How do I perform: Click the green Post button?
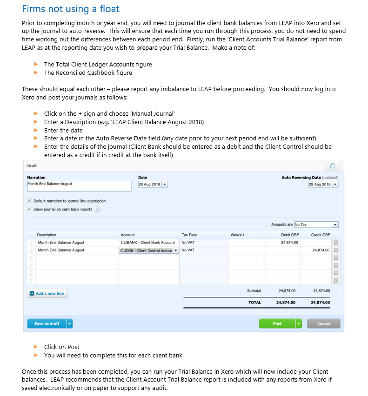277,323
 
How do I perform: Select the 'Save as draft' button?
47,323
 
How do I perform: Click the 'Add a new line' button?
47,293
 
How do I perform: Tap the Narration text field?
79,186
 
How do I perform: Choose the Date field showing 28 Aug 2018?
153,185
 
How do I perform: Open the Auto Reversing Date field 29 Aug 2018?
323,185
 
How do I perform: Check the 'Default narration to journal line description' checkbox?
30,201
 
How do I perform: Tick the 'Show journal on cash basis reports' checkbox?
30,209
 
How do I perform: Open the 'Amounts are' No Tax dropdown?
316,225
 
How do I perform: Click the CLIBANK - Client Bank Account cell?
148,242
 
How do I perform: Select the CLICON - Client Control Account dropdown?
149,250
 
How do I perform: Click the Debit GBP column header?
290,235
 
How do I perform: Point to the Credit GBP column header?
321,235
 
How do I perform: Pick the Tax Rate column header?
189,235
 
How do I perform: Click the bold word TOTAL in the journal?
254,302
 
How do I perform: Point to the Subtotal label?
254,290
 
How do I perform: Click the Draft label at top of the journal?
32,165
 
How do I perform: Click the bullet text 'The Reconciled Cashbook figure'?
88,73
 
